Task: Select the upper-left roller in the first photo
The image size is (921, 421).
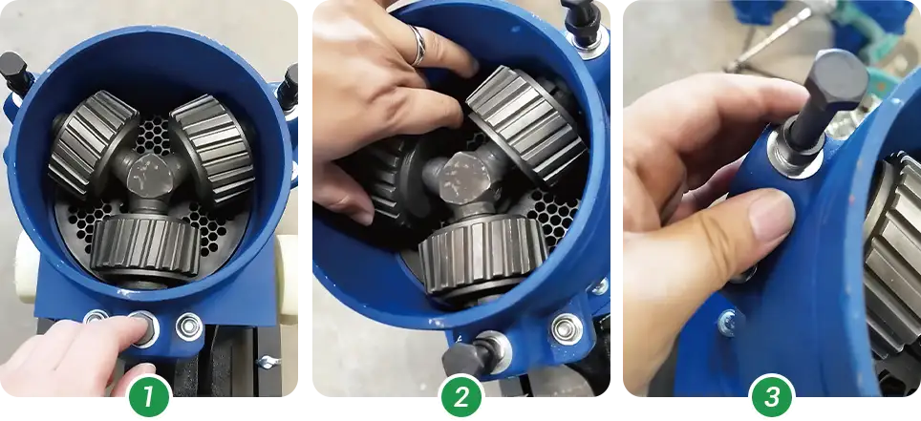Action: pyautogui.click(x=93, y=143)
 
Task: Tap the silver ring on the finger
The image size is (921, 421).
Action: pyautogui.click(x=417, y=46)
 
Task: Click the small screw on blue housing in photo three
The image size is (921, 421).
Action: pyautogui.click(x=727, y=322)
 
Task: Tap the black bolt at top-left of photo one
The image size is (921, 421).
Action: pyautogui.click(x=12, y=68)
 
